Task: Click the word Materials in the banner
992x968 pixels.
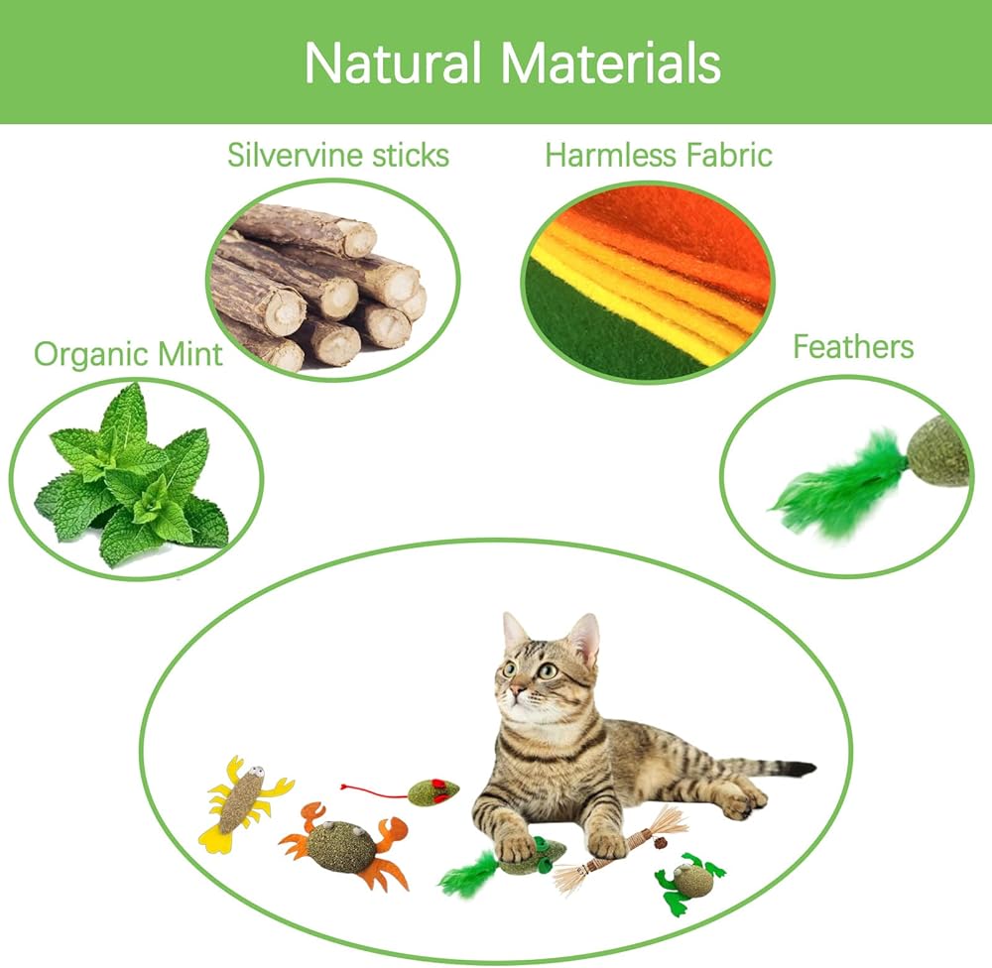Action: (610, 62)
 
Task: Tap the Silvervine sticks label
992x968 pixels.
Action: (338, 155)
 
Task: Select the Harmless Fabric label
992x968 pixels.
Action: (659, 155)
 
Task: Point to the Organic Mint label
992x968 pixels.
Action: (128, 354)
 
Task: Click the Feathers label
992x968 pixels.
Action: (853, 347)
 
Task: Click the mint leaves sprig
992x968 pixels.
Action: (131, 476)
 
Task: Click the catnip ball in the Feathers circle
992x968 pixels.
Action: (937, 450)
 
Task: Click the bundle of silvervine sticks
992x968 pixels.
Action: (319, 288)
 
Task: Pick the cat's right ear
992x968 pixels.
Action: (584, 638)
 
